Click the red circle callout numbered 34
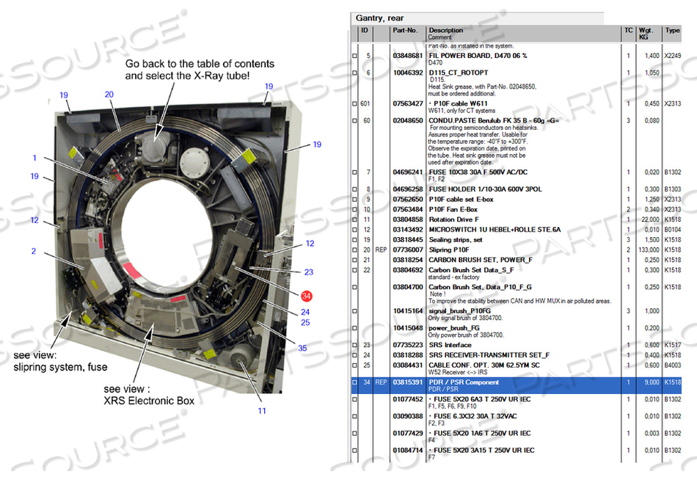(307, 296)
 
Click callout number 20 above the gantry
(109, 94)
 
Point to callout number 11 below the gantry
(262, 411)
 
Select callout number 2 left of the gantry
(34, 252)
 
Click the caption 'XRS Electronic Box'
(149, 401)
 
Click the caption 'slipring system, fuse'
(61, 367)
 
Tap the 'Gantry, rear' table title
(380, 18)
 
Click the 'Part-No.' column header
(405, 31)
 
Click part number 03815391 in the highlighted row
(407, 382)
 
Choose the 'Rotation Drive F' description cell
(454, 219)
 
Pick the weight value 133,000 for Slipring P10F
(648, 250)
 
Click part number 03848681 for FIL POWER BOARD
(407, 56)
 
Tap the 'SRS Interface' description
(450, 344)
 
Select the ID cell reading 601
(365, 103)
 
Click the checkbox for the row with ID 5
(356, 56)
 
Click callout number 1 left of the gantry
(34, 158)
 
